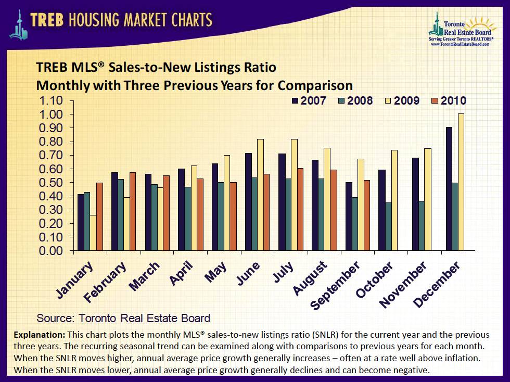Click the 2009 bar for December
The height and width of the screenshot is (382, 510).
click(461, 182)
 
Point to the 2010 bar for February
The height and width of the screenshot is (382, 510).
click(133, 211)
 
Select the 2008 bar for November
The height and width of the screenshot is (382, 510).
click(422, 226)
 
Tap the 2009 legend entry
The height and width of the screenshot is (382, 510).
click(401, 100)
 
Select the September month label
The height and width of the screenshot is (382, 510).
click(335, 286)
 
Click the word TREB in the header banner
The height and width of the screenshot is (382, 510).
click(48, 20)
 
